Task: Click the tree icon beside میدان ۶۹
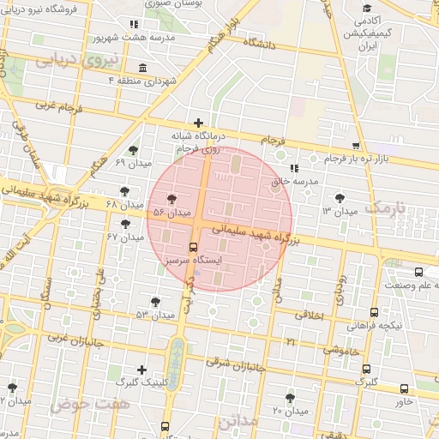132,151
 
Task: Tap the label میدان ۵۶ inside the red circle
169,211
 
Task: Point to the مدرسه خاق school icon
294,168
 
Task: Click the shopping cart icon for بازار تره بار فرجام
357,147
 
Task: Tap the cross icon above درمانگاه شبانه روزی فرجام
199,123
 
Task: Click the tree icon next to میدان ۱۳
340,198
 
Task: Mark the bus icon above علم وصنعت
394,273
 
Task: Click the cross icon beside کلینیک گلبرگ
141,370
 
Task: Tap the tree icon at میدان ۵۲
155,302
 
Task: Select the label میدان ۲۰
290,411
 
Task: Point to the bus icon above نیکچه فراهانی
374,313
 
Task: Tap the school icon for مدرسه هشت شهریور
131,25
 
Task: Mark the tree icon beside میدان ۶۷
128,224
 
